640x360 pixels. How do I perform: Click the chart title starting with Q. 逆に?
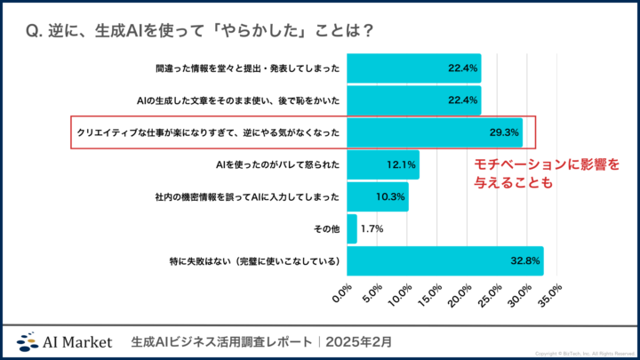[x=199, y=29]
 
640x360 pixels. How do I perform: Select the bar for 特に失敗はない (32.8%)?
[x=444, y=260]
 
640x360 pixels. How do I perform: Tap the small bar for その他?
[x=351, y=228]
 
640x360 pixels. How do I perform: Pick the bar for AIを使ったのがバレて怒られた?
[x=382, y=164]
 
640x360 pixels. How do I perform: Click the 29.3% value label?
[x=503, y=132]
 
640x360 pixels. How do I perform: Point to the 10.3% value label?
[x=391, y=196]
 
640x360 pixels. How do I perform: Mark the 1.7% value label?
[x=372, y=228]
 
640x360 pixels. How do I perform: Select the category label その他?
[x=324, y=228]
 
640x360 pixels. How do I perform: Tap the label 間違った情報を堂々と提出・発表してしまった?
[x=247, y=68]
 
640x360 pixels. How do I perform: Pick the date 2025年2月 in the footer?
[x=363, y=341]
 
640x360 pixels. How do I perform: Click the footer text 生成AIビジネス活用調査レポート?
[x=221, y=341]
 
